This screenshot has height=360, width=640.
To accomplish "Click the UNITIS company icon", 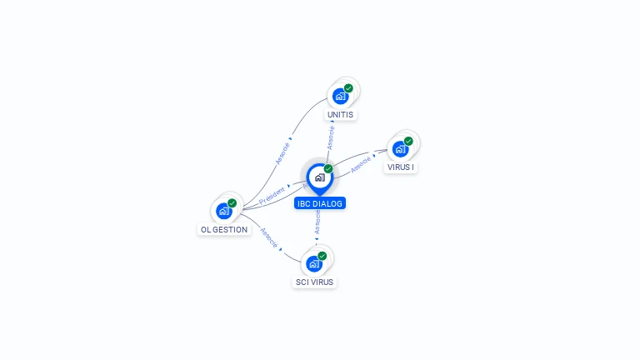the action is pyautogui.click(x=340, y=96).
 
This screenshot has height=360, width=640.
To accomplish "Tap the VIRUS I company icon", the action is pyautogui.click(x=401, y=149).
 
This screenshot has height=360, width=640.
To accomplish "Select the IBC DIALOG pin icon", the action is pyautogui.click(x=319, y=177).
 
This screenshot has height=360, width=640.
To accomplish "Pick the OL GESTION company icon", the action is pyautogui.click(x=224, y=211).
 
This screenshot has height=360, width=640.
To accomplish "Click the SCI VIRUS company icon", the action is pyautogui.click(x=314, y=263).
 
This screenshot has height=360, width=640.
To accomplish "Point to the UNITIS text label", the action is pyautogui.click(x=340, y=114).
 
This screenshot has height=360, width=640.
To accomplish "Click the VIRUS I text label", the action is pyautogui.click(x=401, y=167).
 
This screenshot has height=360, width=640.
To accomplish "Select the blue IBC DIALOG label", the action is pyautogui.click(x=319, y=202).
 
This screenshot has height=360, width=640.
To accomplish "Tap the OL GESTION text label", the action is pyautogui.click(x=224, y=229).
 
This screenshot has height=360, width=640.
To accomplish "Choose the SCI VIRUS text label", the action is pyautogui.click(x=314, y=282).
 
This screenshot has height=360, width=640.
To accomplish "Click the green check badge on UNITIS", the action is pyautogui.click(x=348, y=88).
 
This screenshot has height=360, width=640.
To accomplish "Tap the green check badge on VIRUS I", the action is pyautogui.click(x=408, y=142).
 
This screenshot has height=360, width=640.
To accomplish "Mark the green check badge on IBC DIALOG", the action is pyautogui.click(x=328, y=169).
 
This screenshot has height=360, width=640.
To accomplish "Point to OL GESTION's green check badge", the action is pyautogui.click(x=232, y=203).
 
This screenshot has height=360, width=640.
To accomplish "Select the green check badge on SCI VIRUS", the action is pyautogui.click(x=322, y=256).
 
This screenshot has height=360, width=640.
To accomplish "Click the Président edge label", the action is pyautogui.click(x=272, y=196).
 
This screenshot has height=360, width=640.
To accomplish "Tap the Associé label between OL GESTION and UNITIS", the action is pyautogui.click(x=282, y=152).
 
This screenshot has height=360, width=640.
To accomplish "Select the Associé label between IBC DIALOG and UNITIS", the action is pyautogui.click(x=331, y=137).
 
